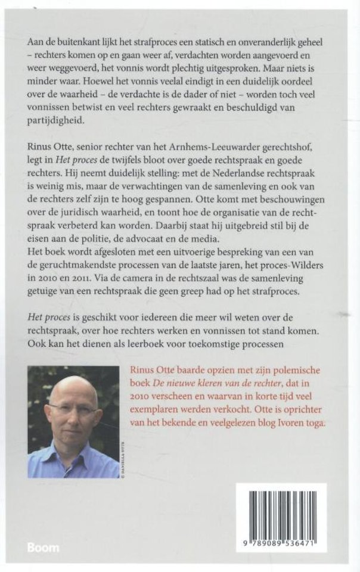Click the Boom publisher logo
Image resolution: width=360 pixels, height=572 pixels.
(43, 546)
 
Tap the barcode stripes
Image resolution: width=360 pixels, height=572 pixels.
(281, 511)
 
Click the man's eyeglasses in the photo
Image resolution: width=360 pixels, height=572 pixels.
(73, 409)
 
